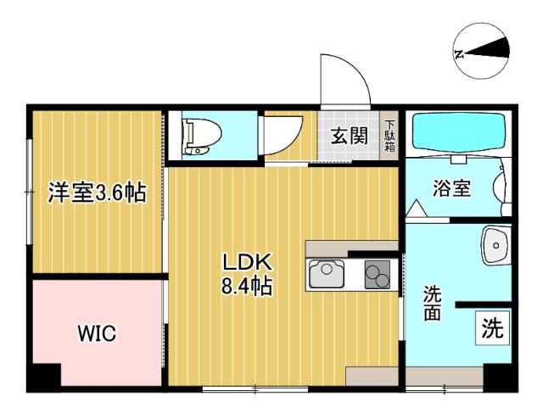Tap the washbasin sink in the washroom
pos(496,246)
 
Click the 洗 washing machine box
pos(492,326)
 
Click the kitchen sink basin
pos(325,274)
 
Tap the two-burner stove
pos(376,274)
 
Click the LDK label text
pos(246,260)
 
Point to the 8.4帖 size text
pos(246,287)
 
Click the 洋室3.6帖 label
pos(96,193)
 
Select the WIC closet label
pos(97,333)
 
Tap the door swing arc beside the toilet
pos(280,136)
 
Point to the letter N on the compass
pos(459,53)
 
